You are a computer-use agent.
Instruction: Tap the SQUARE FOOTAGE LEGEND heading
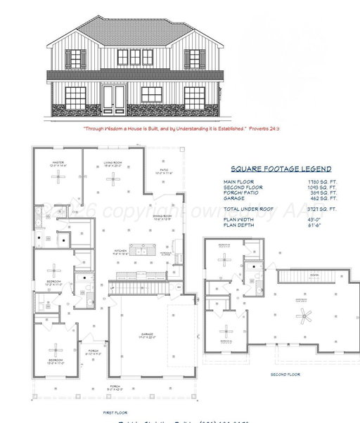tap(281, 169)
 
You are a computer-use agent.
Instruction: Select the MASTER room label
tap(58, 162)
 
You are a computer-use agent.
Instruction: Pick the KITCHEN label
tap(122, 251)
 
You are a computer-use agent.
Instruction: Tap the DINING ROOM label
tap(163, 216)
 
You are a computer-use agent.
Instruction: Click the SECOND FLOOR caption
tap(285, 375)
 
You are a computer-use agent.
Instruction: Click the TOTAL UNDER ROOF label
tap(246, 209)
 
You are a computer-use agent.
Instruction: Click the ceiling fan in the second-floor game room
tap(304, 318)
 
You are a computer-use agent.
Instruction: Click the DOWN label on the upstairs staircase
tap(313, 275)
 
